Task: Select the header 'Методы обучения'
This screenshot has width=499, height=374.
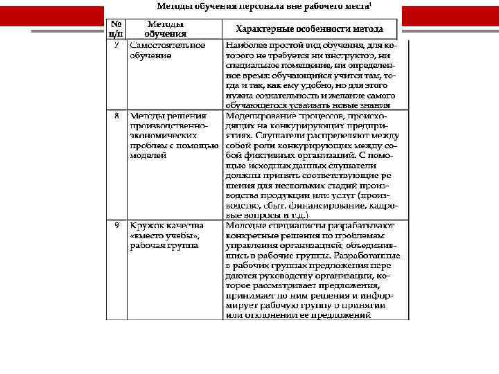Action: click(x=165, y=28)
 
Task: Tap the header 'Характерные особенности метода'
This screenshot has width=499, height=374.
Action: click(x=309, y=29)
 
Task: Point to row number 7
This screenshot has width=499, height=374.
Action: click(x=117, y=45)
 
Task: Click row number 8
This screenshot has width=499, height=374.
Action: click(x=117, y=116)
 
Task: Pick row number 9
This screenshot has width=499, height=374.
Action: click(x=117, y=226)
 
